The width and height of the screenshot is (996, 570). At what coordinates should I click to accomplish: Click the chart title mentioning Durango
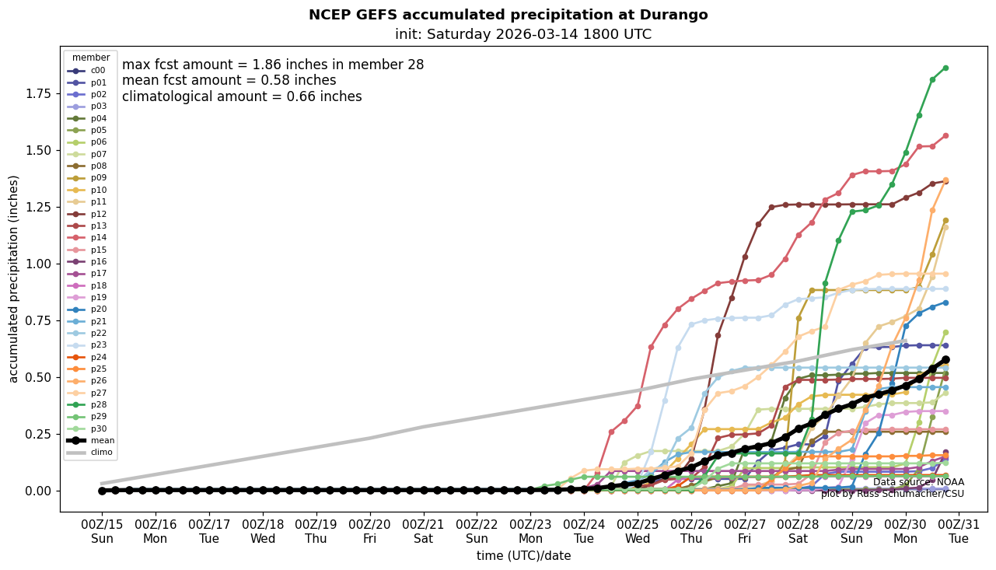508,15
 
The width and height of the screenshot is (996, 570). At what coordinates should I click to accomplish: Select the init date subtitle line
522,34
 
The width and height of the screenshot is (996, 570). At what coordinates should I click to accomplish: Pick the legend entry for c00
97,71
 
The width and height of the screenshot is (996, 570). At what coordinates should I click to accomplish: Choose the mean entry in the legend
102,440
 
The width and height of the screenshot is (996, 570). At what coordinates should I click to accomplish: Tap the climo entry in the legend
102,452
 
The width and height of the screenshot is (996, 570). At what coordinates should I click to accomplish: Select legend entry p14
98,237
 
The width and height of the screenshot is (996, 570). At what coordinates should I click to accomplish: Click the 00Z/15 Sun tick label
102,531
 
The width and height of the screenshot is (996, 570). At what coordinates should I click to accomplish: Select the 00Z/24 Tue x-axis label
584,531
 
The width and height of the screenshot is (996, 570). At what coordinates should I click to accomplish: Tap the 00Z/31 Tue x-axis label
959,531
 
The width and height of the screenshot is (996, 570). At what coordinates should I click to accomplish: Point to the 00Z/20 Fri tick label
369,531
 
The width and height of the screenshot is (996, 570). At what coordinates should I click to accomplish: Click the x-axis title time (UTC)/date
523,556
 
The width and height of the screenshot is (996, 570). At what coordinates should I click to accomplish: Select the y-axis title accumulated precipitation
13,278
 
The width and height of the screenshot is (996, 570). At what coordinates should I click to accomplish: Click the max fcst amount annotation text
273,65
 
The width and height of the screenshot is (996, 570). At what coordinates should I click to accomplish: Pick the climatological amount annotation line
242,97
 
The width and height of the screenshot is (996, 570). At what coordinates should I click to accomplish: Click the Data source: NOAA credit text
918,482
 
